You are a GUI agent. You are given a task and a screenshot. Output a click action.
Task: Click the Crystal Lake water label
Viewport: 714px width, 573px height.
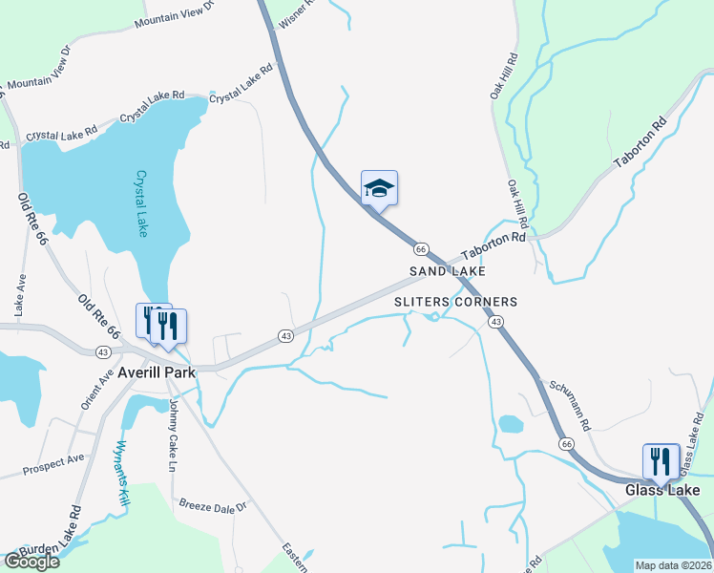coord(141,203)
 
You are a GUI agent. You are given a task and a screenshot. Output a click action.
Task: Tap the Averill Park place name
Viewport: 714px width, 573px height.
coord(156,371)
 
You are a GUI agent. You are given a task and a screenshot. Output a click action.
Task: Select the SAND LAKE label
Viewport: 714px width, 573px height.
coord(448,272)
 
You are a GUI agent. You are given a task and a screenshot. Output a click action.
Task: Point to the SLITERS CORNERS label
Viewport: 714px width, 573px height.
coord(456,302)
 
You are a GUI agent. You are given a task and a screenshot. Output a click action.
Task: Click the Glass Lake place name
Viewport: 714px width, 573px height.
coord(662,490)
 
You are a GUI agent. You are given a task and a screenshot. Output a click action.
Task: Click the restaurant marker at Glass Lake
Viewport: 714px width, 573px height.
coord(661,461)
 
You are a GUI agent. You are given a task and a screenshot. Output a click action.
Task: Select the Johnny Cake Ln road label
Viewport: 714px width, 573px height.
coord(174,435)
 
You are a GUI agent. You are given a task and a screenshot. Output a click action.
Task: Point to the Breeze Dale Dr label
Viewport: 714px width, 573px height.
coord(213,504)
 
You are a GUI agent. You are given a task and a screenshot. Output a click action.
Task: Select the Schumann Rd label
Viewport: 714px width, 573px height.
coord(569,401)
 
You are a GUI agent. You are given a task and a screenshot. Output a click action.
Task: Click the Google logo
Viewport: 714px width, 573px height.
coord(31,561)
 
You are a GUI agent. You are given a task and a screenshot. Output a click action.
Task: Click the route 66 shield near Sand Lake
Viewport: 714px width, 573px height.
coord(420,248)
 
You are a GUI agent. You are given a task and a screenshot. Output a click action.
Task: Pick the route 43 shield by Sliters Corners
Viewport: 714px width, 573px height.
coord(495,323)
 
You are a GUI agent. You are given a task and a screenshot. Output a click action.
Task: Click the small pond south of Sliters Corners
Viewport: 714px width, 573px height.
coord(511,423)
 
